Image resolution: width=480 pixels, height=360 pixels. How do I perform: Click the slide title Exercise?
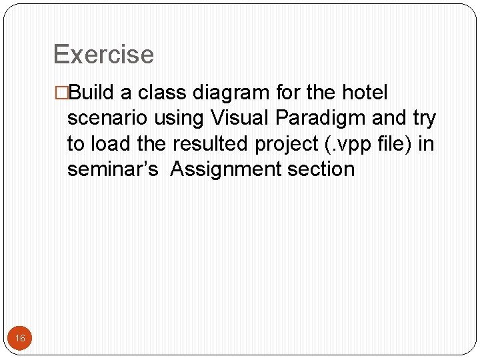(103, 55)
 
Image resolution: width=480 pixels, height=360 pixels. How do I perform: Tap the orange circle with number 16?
(20, 339)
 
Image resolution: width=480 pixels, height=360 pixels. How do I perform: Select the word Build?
(91, 92)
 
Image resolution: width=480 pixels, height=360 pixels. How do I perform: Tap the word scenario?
(108, 118)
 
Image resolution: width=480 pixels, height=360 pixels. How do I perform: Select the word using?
(179, 118)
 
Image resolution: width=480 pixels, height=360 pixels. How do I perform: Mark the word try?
(425, 118)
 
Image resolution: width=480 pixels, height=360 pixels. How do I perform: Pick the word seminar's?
(113, 169)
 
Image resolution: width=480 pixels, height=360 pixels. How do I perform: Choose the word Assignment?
(226, 169)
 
